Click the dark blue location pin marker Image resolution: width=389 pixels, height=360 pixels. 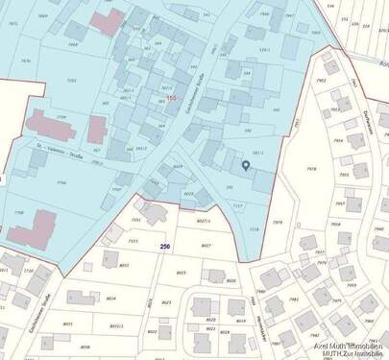pyautogui.click(x=245, y=166)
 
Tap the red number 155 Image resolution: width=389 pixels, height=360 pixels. pyautogui.click(x=172, y=99)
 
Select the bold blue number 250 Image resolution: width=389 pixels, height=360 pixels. pyautogui.click(x=164, y=246)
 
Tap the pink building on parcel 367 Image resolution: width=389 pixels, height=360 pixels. pyautogui.click(x=97, y=129)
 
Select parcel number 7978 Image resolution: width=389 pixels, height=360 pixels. pyautogui.click(x=309, y=169)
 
